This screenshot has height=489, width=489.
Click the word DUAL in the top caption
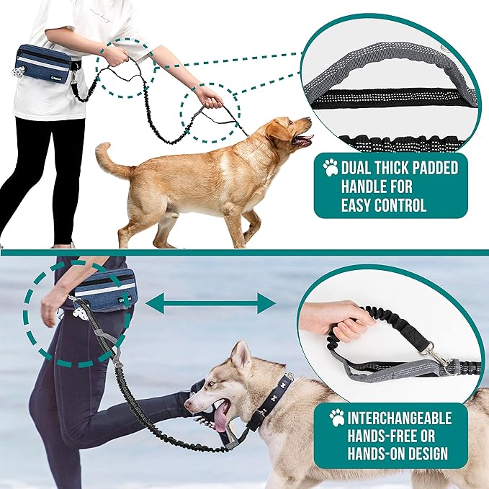pos(361,169)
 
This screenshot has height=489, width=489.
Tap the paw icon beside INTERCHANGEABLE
pos(336,418)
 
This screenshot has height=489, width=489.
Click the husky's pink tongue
pos(220,417)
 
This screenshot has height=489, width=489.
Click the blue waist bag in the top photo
pos(44,63)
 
